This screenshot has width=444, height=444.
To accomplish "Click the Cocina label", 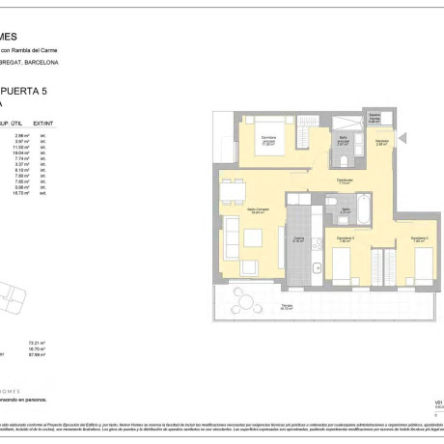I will pos(299,239).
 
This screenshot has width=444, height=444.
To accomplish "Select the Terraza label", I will pos(287,308).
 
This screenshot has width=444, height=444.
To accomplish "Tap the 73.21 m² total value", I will pos(39,343).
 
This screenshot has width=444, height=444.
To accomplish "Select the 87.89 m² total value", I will pos(39,354).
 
